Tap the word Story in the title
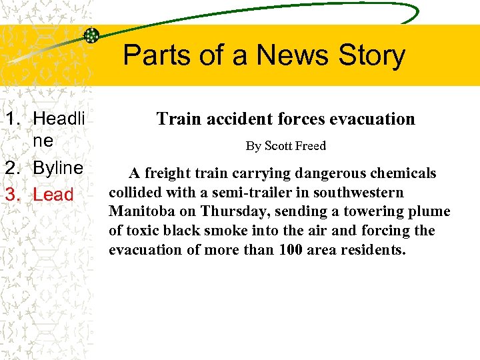(x=372, y=56)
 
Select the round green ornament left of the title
(x=91, y=35)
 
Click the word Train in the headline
(x=178, y=119)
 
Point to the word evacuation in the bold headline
(x=375, y=119)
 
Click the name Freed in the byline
(x=310, y=145)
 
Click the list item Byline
(x=58, y=168)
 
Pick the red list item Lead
(x=53, y=195)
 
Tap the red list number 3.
(x=12, y=195)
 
